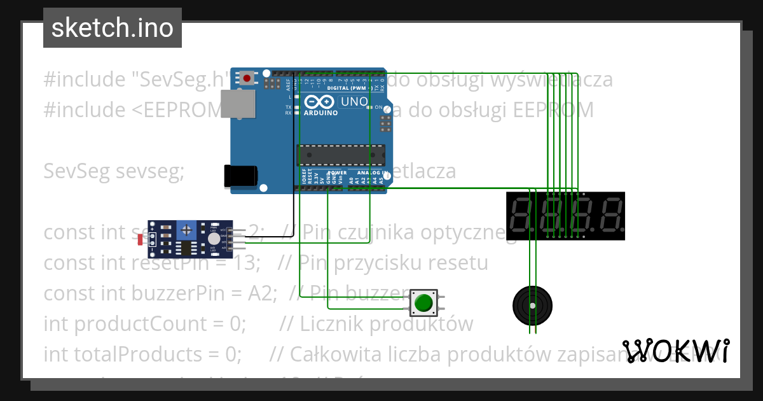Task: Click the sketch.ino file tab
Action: point(113,28)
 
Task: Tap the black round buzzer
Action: point(532,306)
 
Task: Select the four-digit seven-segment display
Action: point(565,216)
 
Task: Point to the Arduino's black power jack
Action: point(241,176)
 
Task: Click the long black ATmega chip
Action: point(341,155)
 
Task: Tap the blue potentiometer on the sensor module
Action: point(186,229)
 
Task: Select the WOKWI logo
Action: point(676,350)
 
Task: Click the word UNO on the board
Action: point(354,102)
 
